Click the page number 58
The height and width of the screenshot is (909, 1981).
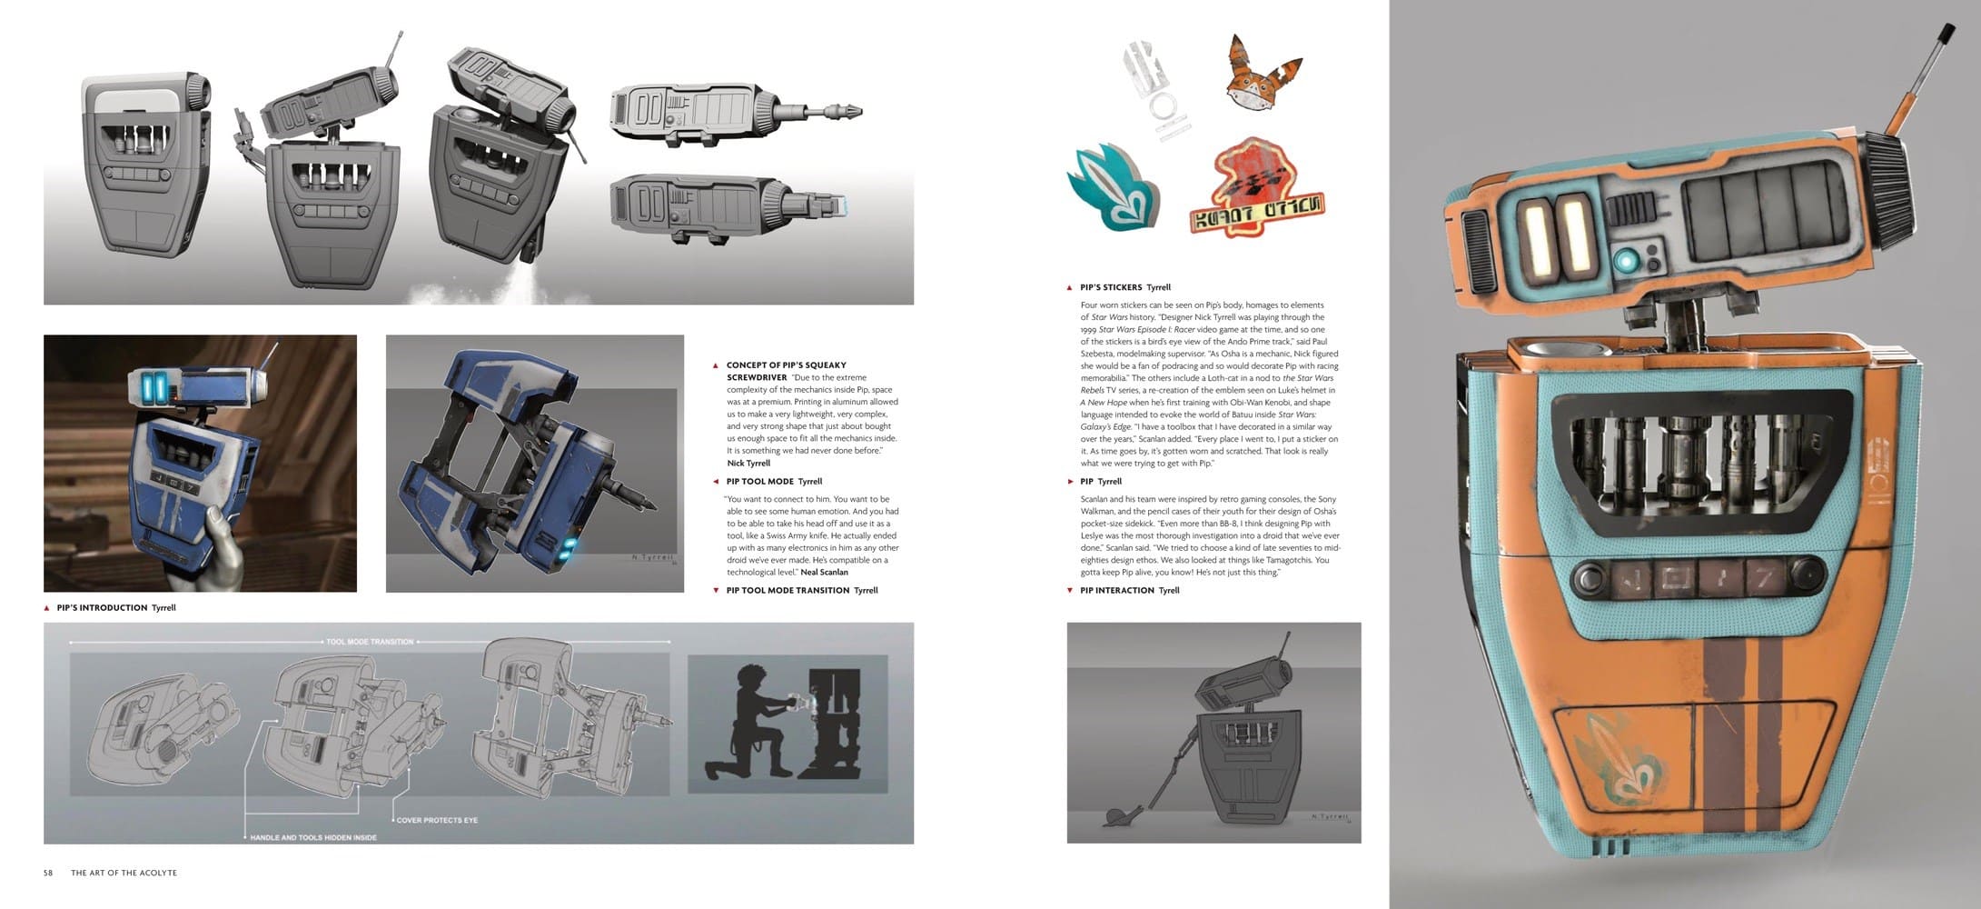[48, 873]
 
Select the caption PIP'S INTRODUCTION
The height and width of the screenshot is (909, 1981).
[102, 607]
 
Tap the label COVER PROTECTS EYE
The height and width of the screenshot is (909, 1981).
[437, 820]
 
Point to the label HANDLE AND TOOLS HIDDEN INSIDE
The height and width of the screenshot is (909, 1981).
[313, 837]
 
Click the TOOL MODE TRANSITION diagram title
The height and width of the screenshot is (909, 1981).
[370, 642]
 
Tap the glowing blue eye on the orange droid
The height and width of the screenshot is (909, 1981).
[1627, 261]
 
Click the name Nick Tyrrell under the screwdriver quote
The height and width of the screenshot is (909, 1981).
[748, 463]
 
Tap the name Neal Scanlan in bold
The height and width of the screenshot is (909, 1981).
[824, 572]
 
